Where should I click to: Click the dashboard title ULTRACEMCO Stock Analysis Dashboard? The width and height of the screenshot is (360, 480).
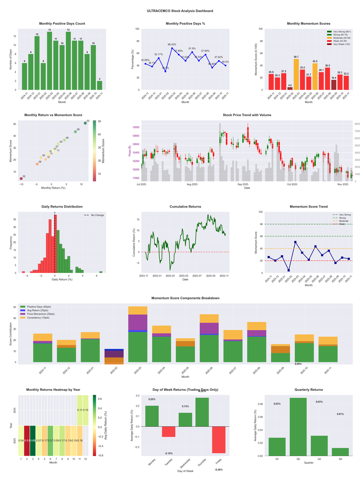(x=180, y=10)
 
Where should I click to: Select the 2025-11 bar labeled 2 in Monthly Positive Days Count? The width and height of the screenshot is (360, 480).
(x=99, y=85)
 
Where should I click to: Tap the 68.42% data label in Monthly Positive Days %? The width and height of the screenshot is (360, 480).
(x=172, y=45)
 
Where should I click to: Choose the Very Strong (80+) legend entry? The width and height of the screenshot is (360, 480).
(x=340, y=32)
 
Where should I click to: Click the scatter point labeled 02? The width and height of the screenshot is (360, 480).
(x=21, y=179)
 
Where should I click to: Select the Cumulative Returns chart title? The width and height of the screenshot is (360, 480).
(x=185, y=207)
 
